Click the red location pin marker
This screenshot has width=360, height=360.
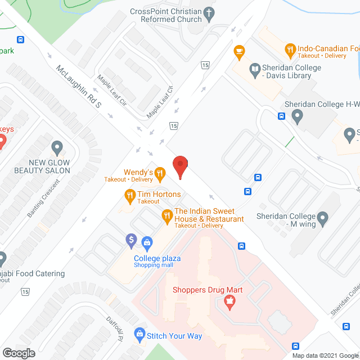point(180,166)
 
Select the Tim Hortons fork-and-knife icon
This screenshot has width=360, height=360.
point(129,195)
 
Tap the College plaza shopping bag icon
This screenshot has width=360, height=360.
point(147,242)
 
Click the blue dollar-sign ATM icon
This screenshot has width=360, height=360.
point(132,240)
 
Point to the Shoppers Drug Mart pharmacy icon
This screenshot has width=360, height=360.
point(229,304)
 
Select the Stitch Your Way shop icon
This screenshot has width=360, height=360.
point(139,335)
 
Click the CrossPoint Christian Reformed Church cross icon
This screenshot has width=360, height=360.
point(209,12)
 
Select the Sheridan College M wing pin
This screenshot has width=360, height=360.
point(322,217)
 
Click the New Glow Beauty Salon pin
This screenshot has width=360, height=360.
point(56,148)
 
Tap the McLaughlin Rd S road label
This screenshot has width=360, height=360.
point(78,88)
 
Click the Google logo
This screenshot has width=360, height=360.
point(19,353)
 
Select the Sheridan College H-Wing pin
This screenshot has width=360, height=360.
point(298,117)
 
